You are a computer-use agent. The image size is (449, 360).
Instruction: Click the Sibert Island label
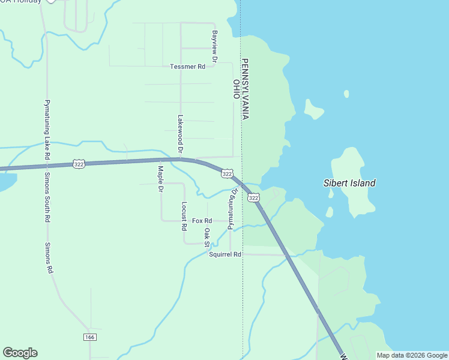click(349, 183)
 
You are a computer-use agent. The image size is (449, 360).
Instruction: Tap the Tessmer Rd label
click(187, 67)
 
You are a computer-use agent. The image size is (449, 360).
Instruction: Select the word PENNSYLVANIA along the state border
click(245, 89)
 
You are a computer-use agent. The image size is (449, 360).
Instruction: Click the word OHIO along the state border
click(237, 91)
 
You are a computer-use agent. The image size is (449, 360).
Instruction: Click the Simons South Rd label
click(47, 198)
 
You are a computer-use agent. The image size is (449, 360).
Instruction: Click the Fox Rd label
click(202, 221)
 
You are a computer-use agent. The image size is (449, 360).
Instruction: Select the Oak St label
click(206, 238)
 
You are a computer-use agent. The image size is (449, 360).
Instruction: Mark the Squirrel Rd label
click(225, 254)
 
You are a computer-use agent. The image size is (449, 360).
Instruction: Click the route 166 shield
click(90, 337)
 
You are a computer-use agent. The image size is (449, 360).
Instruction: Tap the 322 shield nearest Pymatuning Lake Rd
click(79, 163)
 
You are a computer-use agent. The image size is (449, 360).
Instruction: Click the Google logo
click(20, 353)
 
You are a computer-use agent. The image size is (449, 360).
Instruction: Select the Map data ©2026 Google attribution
click(412, 355)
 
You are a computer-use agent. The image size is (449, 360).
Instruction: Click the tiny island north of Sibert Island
click(346, 94)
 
